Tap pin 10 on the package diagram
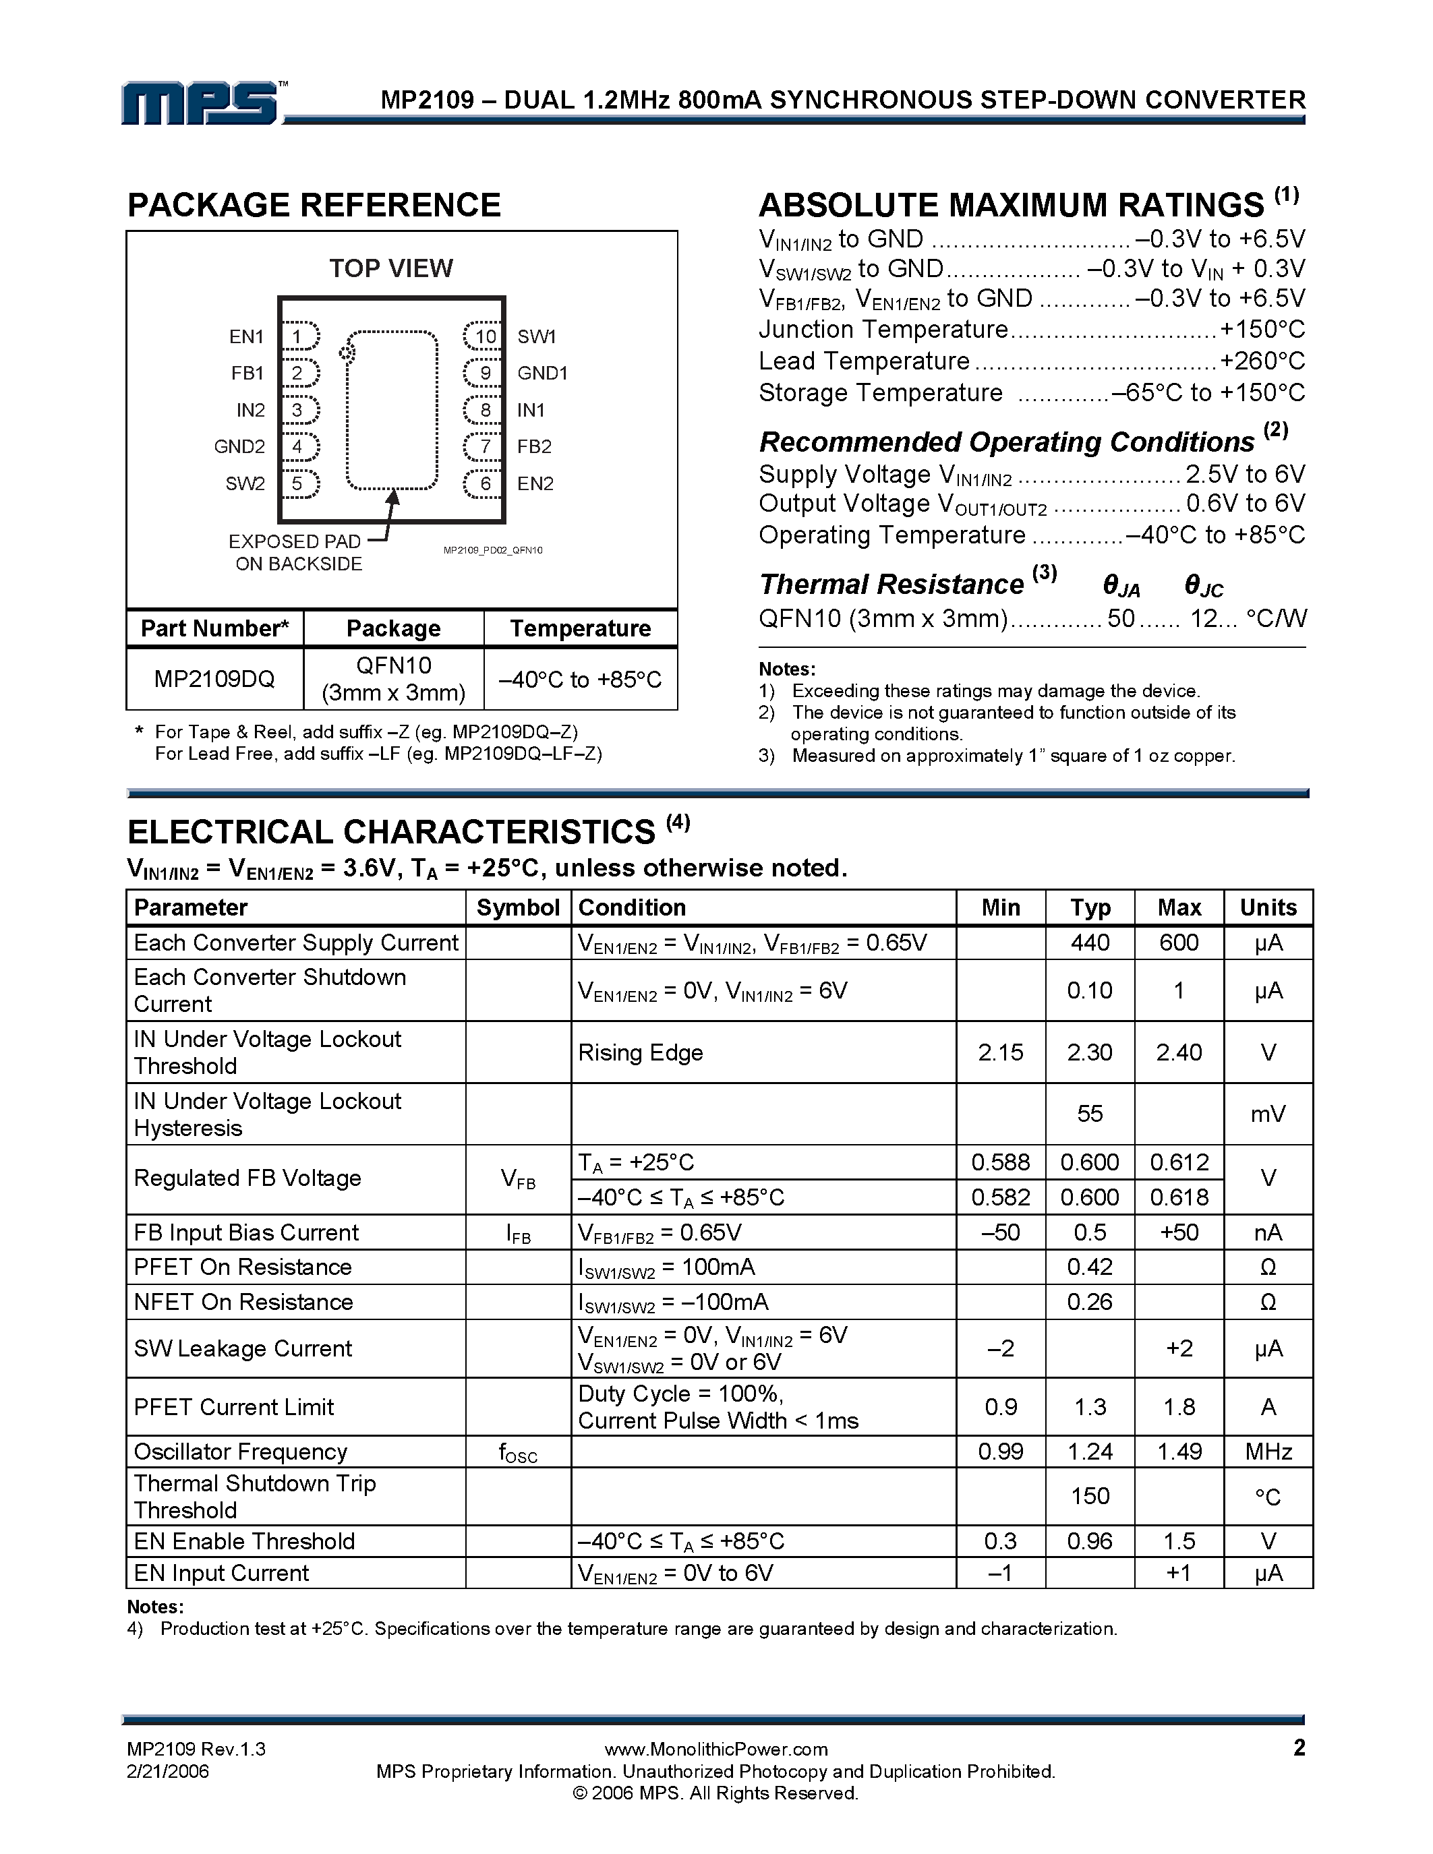pos(484,336)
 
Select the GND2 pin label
pos(239,446)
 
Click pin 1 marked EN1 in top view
pos(299,336)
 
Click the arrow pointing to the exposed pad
pos(390,513)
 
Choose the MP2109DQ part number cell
pos(214,679)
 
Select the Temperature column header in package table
pos(581,628)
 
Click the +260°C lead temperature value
pos(1262,361)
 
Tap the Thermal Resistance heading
pos(891,585)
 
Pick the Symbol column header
pos(518,907)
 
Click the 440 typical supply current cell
pos(1090,943)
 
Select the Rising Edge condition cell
pos(641,1052)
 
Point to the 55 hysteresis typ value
pos(1090,1114)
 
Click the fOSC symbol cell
pos(518,1452)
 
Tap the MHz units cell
pos(1268,1452)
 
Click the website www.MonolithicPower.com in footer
pos(715,1749)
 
